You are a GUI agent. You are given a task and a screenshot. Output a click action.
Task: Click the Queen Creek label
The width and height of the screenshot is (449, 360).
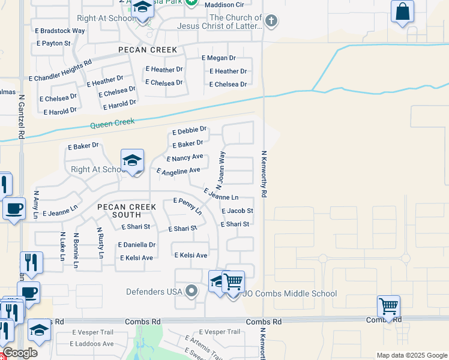[112, 124]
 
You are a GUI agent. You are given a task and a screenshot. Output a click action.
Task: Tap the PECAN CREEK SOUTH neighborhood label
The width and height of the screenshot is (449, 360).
[127, 211]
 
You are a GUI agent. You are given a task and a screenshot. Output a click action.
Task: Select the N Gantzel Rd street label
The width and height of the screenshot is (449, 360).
[21, 116]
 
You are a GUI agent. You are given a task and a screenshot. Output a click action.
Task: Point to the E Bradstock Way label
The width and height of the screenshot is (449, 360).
[59, 31]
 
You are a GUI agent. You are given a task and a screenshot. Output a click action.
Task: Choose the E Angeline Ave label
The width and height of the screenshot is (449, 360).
[178, 172]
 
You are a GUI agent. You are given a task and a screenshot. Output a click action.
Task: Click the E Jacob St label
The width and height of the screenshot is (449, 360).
[237, 211]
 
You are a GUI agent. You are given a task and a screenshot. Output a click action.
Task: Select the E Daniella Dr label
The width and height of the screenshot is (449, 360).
[137, 245]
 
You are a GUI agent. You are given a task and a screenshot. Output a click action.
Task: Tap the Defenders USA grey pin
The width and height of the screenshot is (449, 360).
[191, 292]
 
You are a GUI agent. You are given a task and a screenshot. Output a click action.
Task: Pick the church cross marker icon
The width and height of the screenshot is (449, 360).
[271, 22]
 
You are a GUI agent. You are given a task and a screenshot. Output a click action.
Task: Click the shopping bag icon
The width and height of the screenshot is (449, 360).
[402, 11]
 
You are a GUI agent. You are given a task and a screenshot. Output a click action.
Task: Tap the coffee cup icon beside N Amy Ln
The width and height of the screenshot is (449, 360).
[14, 209]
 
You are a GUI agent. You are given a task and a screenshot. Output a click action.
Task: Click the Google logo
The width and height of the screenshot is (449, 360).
[20, 353]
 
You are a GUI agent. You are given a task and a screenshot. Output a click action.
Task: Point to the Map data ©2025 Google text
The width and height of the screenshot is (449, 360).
[411, 355]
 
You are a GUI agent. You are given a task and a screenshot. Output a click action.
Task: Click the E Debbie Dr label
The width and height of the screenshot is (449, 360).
[189, 130]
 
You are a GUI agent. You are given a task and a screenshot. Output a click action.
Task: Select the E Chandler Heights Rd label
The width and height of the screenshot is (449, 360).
[60, 70]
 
